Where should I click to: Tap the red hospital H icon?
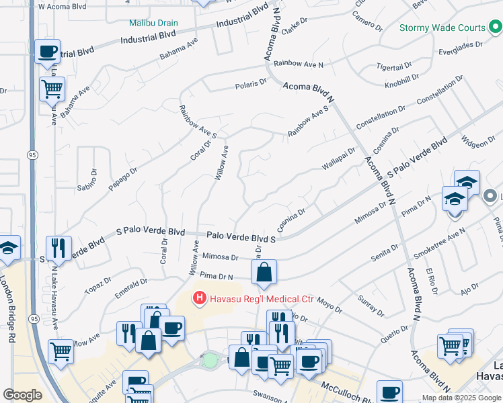pyautogui.click(x=200, y=298)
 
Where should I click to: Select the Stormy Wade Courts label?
pyautogui.click(x=442, y=28)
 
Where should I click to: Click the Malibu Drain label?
pyautogui.click(x=154, y=22)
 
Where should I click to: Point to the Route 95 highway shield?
pyautogui.click(x=33, y=155)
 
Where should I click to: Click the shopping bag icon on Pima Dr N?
pyautogui.click(x=264, y=272)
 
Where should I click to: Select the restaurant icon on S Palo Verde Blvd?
pyautogui.click(x=59, y=247)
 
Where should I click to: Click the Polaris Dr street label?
pyautogui.click(x=251, y=85)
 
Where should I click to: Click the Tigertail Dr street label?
pyautogui.click(x=395, y=68)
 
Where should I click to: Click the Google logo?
pyautogui.click(x=23, y=394)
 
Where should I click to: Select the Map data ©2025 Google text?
pyautogui.click(x=461, y=398)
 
